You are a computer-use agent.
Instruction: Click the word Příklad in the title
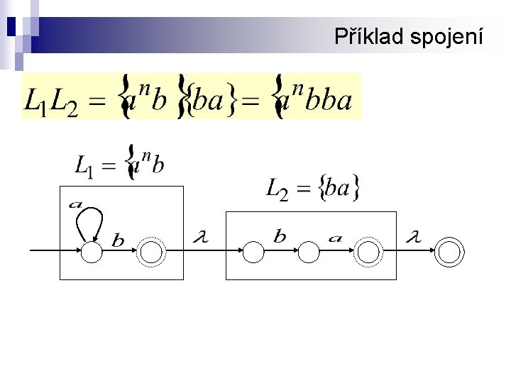pyautogui.click(x=370, y=35)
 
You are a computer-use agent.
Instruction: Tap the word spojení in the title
pyautogui.click(x=446, y=35)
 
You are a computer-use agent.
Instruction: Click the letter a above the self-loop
pyautogui.click(x=76, y=204)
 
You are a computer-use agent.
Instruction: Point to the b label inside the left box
pyautogui.click(x=118, y=241)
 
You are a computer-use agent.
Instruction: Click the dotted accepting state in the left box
pyautogui.click(x=151, y=251)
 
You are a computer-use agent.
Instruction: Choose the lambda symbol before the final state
pyautogui.click(x=412, y=238)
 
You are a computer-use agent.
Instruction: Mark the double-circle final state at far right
pyautogui.click(x=450, y=251)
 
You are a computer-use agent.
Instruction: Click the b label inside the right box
pyautogui.click(x=280, y=237)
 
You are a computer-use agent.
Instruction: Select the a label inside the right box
pyautogui.click(x=335, y=238)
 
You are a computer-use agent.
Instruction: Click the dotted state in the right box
pyautogui.click(x=368, y=251)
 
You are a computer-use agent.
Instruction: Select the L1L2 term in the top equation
pyautogui.click(x=49, y=101)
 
